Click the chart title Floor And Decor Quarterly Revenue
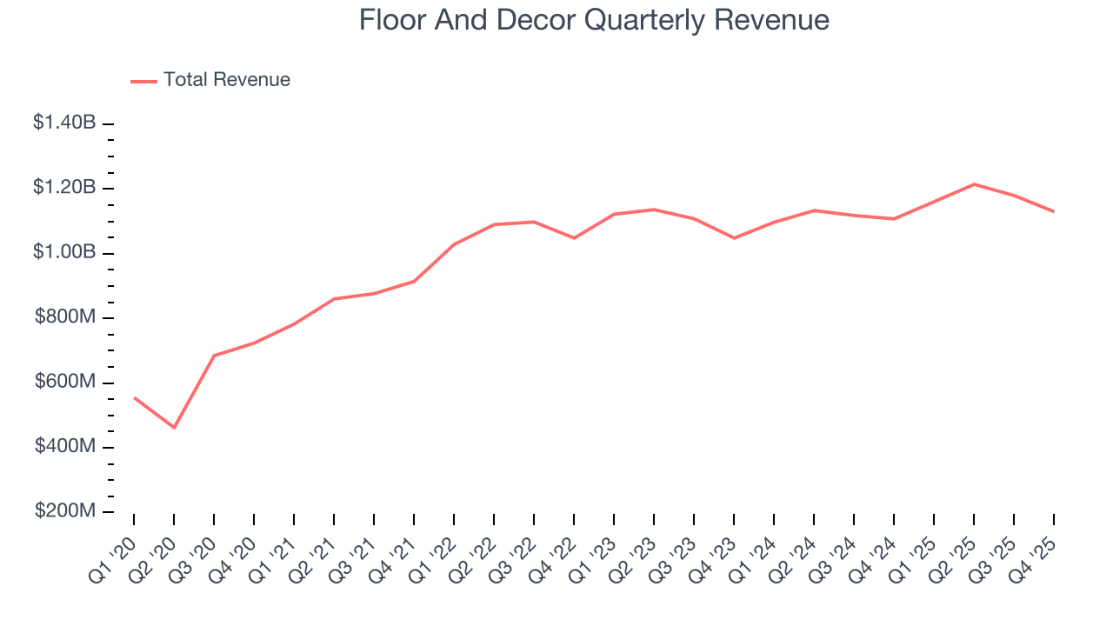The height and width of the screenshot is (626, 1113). coord(594,20)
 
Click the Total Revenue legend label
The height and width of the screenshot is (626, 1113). coord(226,80)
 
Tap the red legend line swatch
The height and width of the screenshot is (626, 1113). coord(143,81)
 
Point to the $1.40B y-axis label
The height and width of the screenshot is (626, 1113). coord(64,123)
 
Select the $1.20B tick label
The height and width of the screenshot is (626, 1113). coord(64,188)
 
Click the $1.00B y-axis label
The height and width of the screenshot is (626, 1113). coord(64,253)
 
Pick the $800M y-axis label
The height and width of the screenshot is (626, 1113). coord(65,317)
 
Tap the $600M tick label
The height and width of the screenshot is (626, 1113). coord(65,383)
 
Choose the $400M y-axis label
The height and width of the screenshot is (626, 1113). coord(65,447)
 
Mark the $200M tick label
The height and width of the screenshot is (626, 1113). coord(65,511)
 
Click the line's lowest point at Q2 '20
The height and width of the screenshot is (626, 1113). coord(174,428)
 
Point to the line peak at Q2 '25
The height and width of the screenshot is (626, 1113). coord(974,184)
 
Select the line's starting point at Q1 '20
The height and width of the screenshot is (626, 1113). coord(134,397)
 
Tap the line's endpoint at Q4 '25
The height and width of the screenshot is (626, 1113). coord(1054,211)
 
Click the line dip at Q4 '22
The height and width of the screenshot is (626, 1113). coord(574,238)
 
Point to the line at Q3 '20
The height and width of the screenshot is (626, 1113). coord(214,356)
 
